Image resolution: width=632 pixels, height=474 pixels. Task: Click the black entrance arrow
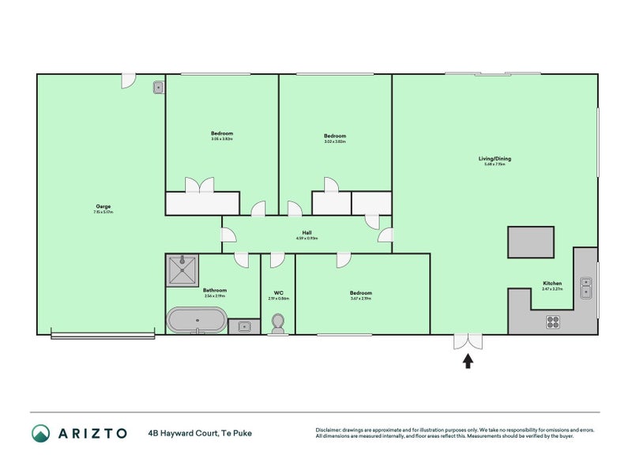[468, 361]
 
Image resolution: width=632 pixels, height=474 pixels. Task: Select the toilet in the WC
[277, 324]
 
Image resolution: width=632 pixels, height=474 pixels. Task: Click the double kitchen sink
[586, 288]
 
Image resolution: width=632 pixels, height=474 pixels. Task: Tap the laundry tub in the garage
[158, 88]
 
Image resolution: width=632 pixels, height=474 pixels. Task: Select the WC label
[278, 293]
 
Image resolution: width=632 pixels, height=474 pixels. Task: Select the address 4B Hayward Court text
[200, 433]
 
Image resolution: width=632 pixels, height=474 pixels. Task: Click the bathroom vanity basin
[244, 325]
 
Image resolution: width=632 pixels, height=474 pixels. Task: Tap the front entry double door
[468, 340]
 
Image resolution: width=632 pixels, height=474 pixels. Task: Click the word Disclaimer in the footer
[331, 431]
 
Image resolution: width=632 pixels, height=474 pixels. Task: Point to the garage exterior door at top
[129, 81]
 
